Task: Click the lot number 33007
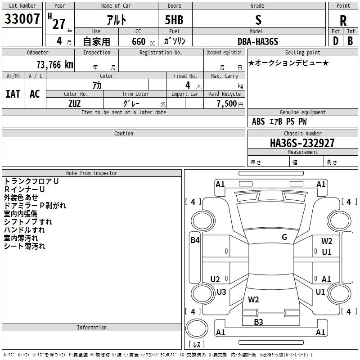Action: [22, 19]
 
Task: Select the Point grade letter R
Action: [343, 21]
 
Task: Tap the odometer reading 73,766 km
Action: [55, 65]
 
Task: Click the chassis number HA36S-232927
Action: [302, 143]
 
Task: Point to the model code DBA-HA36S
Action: [258, 41]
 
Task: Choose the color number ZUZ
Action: [75, 104]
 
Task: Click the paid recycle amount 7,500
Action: [227, 103]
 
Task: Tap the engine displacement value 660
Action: [139, 41]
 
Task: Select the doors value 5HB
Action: [174, 20]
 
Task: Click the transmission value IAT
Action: [13, 94]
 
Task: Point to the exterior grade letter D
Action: [336, 41]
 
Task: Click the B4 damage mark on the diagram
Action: [195, 240]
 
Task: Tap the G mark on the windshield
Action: [284, 237]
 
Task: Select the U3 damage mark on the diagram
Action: [221, 292]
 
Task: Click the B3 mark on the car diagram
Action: [258, 322]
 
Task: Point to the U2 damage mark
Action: [215, 279]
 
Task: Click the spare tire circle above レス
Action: [197, 328]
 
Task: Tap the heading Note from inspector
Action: [92, 173]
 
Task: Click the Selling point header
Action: [302, 53]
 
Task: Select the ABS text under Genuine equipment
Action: [258, 121]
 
